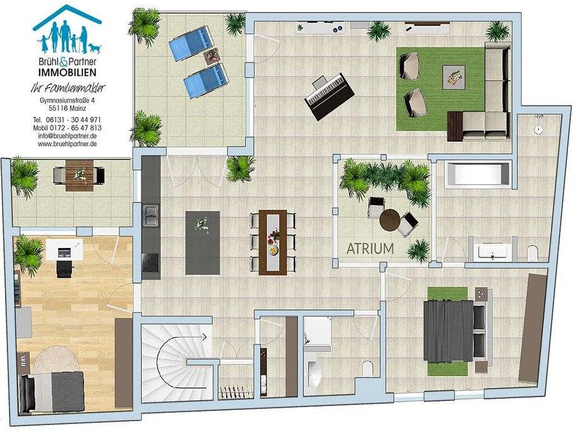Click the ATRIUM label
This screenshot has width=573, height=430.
pyautogui.click(x=370, y=249)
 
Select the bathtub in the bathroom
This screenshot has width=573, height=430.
pyautogui.click(x=477, y=175)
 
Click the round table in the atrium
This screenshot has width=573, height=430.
pyautogui.click(x=390, y=219)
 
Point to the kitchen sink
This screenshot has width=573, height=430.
pyautogui.click(x=150, y=216)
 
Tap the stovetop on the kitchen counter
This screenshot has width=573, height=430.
pyautogui.click(x=150, y=263)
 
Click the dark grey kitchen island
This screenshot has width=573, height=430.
pyautogui.click(x=202, y=243)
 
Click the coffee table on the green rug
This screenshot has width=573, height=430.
pyautogui.click(x=454, y=77)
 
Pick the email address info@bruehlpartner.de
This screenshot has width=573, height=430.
pyautogui.click(x=68, y=136)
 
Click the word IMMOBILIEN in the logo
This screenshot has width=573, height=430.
pyautogui.click(x=68, y=72)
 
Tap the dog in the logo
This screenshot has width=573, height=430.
pyautogui.click(x=94, y=48)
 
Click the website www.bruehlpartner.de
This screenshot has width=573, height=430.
pyautogui.click(x=68, y=144)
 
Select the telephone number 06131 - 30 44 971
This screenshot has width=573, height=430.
pyautogui.click(x=73, y=120)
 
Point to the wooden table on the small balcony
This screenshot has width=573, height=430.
pyautogui.click(x=80, y=175)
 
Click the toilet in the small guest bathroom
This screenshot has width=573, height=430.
pyautogui.click(x=367, y=368)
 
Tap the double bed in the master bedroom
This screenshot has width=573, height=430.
pyautogui.click(x=455, y=331)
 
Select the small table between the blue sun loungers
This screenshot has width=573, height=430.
pyautogui.click(x=212, y=57)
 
